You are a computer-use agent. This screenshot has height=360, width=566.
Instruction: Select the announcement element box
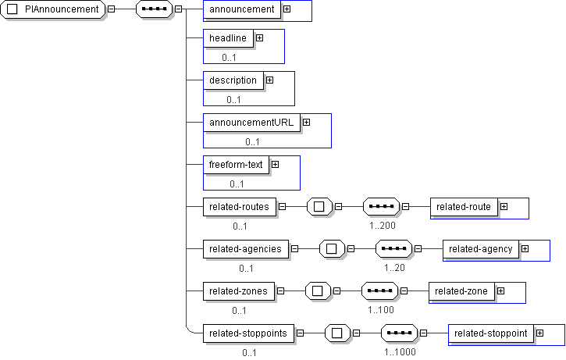point(242,9)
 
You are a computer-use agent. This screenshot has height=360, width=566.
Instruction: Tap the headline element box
point(228,37)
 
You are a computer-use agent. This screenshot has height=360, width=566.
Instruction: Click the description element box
point(233,80)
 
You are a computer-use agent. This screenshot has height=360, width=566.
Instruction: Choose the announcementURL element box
point(251,122)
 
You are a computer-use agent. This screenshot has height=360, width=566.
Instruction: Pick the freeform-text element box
point(236,164)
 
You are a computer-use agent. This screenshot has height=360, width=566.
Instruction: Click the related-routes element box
point(239,207)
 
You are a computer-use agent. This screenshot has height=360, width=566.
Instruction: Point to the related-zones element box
point(238,291)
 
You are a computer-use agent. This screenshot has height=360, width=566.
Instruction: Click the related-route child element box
point(464,207)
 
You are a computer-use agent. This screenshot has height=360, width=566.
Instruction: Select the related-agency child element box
point(480,249)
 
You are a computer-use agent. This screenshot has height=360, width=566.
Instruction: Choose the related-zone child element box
point(461,291)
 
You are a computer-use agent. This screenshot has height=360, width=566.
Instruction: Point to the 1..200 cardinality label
point(383,225)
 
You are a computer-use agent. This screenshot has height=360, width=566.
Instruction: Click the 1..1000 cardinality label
point(400,352)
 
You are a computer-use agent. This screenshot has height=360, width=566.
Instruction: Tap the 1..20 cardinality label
point(394,267)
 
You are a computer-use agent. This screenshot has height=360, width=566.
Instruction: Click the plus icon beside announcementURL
point(306,122)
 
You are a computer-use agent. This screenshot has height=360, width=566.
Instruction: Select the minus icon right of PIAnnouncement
point(112,9)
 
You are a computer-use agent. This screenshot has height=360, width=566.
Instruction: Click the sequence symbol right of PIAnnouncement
point(153,9)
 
